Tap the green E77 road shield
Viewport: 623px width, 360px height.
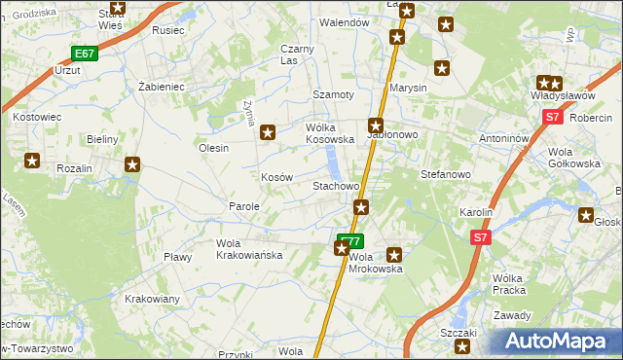pos(350,239)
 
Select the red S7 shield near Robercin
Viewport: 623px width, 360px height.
pos(552,117)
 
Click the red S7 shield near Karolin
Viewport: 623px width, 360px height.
pos(479,236)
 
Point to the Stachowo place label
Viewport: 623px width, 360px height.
pos(336,185)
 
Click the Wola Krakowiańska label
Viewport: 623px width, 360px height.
pos(249,249)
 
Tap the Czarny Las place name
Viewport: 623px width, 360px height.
pos(297,54)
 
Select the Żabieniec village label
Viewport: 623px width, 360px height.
pos(162,86)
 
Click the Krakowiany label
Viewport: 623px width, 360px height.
pos(152,299)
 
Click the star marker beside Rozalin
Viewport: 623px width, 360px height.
pos(33,162)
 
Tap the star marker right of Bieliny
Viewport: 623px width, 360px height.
pos(132,165)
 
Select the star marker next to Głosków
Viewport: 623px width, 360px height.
pos(586,215)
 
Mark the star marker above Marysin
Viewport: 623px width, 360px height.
pos(442,68)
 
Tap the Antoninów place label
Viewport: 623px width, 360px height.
pos(503,138)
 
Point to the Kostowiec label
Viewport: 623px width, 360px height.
pos(38,117)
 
